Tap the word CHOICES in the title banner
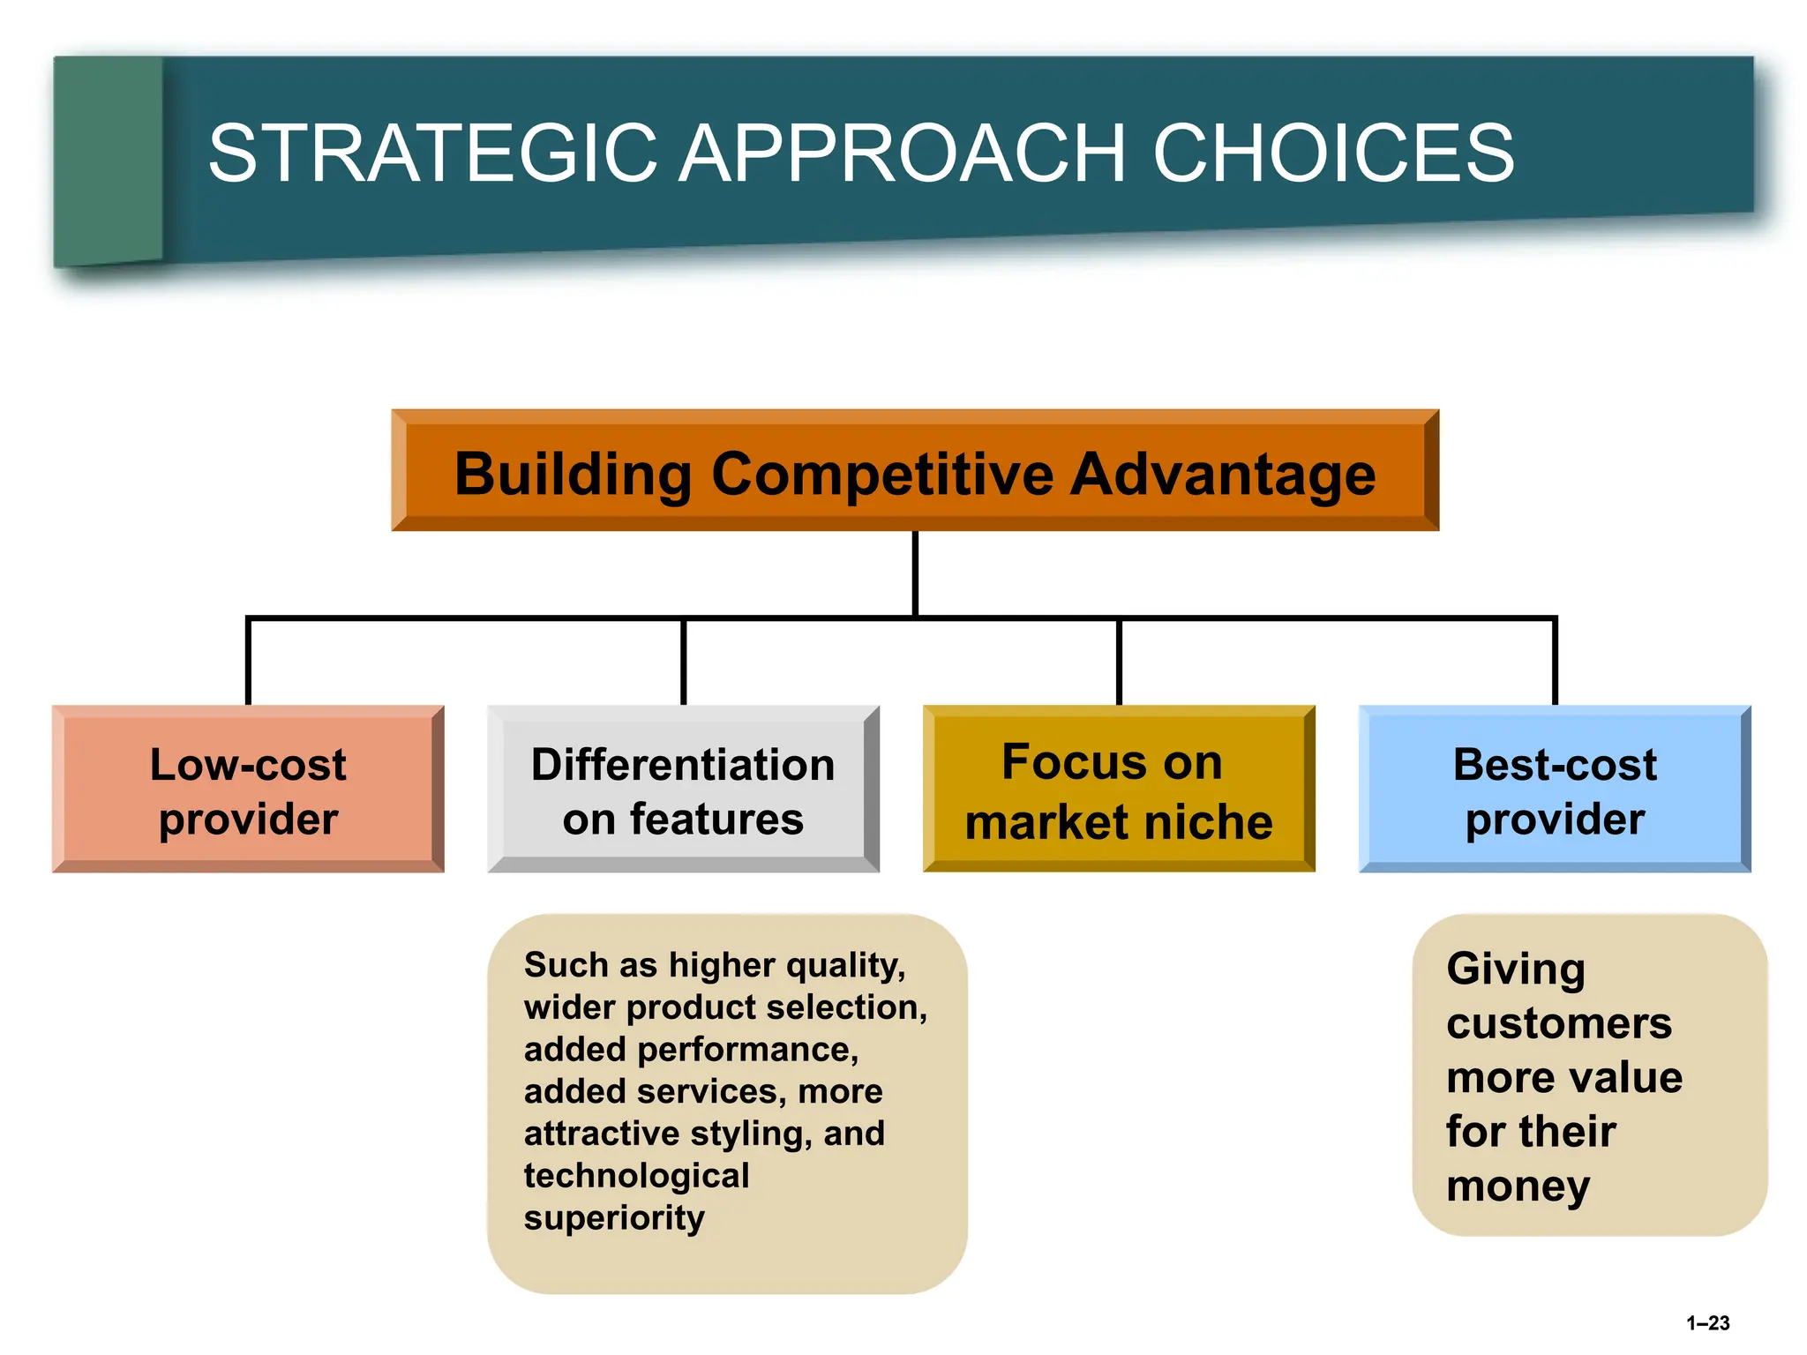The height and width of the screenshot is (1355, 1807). (1332, 153)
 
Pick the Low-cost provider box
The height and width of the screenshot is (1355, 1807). (248, 790)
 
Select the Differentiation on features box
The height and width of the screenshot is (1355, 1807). (683, 790)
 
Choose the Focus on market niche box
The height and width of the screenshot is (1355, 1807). (1119, 790)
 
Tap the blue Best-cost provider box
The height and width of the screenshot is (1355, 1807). (1555, 790)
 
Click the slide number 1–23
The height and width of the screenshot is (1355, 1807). (1707, 1322)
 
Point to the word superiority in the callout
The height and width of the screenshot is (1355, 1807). (614, 1218)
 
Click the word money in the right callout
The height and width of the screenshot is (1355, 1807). (1518, 1187)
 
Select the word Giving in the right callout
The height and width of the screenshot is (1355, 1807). (1516, 969)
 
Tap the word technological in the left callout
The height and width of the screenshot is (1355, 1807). (636, 1176)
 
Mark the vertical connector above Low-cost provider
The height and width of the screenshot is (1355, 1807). (248, 662)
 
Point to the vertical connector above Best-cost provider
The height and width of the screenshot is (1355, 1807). (1555, 662)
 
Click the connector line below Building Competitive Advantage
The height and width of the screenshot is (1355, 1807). (915, 573)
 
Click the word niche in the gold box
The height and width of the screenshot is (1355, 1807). (1218, 822)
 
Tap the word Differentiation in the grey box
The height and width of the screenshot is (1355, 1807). (683, 764)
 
